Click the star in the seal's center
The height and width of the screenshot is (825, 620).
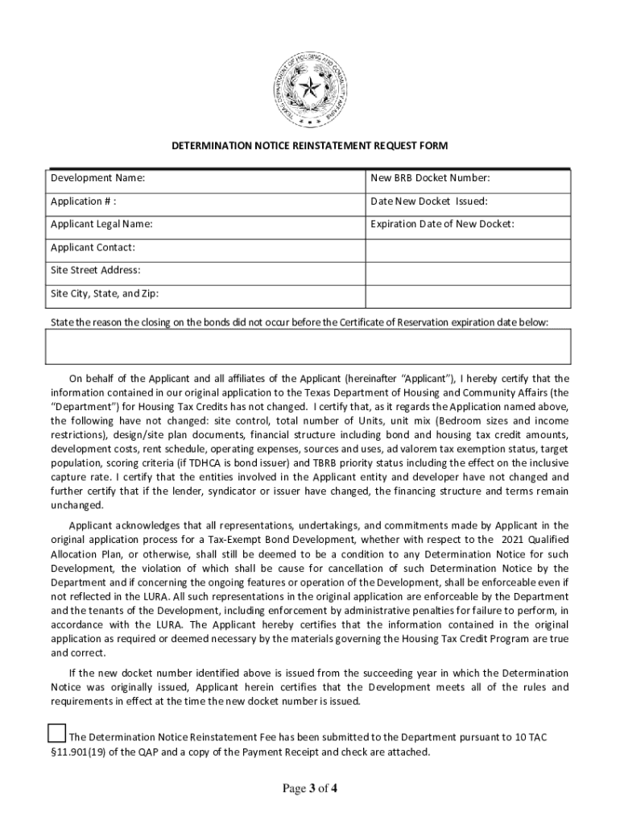(x=310, y=88)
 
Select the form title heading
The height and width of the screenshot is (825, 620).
(x=309, y=146)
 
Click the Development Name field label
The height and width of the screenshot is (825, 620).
(x=98, y=178)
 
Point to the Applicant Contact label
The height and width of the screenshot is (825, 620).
(x=93, y=247)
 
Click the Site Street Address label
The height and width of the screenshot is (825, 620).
(x=95, y=270)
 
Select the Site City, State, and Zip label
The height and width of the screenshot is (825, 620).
(x=105, y=293)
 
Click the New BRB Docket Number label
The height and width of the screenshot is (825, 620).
(x=430, y=178)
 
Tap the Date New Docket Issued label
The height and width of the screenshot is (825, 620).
(x=428, y=201)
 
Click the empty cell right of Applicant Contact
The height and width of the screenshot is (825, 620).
(x=468, y=248)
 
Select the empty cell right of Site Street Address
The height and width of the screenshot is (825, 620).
(x=468, y=272)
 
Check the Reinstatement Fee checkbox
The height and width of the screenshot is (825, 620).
(x=56, y=733)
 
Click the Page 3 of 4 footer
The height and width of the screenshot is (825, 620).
(x=309, y=789)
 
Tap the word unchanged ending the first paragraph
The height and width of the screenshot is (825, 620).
(x=76, y=505)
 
